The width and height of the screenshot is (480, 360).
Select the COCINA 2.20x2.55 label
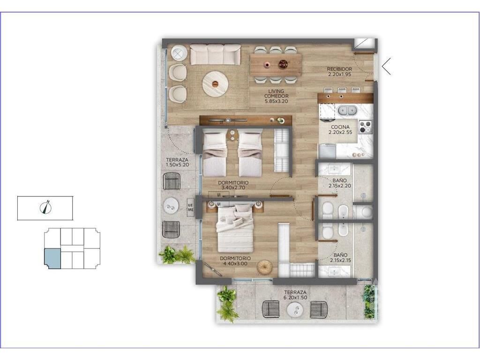(340, 130)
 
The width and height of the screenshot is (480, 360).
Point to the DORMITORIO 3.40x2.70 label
(233, 185)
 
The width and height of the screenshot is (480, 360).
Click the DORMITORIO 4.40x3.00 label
(235, 261)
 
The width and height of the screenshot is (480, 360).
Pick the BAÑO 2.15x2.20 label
(339, 183)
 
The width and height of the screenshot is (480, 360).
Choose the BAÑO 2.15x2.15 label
(340, 257)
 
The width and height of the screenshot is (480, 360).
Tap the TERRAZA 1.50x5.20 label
(177, 162)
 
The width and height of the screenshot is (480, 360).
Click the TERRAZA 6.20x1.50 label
(295, 295)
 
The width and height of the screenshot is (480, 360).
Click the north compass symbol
(45, 207)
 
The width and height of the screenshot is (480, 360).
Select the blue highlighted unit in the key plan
(52, 259)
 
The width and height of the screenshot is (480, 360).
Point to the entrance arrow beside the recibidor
(386, 66)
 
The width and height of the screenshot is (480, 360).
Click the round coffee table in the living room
(215, 84)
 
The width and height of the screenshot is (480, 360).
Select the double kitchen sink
(347, 110)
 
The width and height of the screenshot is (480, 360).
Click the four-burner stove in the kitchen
(365, 127)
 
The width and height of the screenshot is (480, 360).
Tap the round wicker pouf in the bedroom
(264, 268)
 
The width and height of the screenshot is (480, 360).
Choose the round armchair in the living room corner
(179, 53)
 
